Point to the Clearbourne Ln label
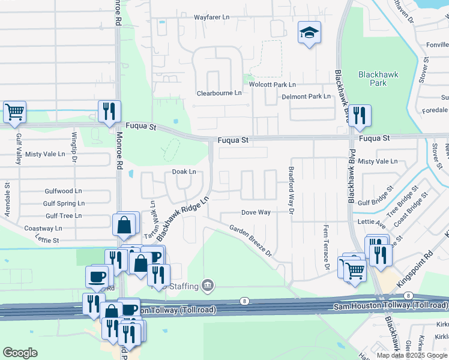pos(219,93)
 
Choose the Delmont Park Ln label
pos(306,96)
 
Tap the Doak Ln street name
pos(184,172)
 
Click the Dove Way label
pos(256,212)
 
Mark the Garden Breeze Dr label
pos(250,240)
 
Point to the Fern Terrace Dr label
pos(327,247)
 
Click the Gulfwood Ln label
pos(63,191)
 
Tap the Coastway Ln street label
pos(43,229)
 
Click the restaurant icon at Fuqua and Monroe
pos(109,112)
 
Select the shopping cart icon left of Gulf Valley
pos(14,112)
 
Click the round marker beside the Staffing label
pos(208,284)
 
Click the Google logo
pos(20,353)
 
